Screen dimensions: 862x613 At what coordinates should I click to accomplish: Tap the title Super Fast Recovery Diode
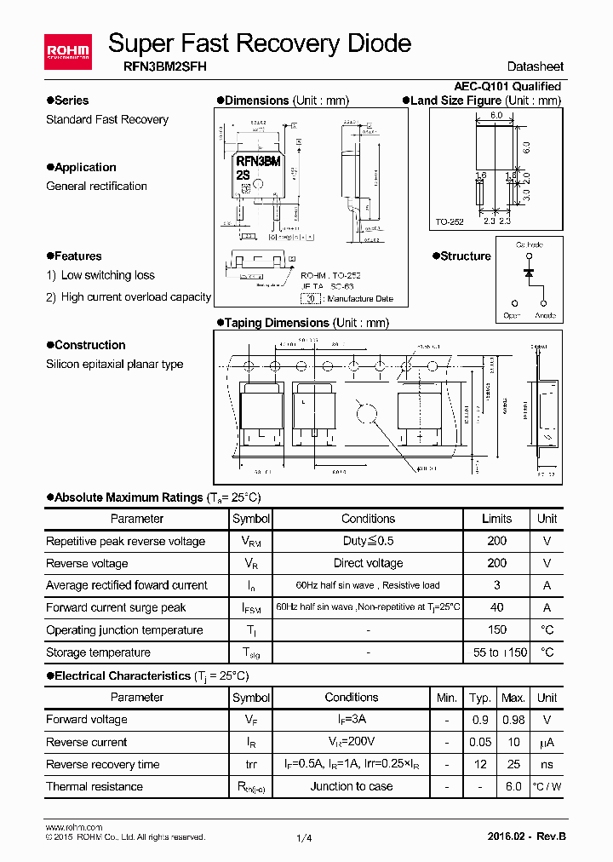click(260, 43)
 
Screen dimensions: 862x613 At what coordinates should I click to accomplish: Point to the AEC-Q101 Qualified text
click(507, 86)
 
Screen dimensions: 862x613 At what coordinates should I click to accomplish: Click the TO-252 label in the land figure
click(450, 221)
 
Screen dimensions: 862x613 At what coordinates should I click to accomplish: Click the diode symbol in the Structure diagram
click(529, 273)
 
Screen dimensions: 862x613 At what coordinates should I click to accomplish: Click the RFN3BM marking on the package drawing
click(258, 161)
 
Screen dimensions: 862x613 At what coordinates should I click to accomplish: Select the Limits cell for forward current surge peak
click(496, 607)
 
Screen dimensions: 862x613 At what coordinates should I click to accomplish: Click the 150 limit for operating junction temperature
click(496, 630)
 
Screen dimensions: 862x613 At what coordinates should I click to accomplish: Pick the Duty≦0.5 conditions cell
click(368, 541)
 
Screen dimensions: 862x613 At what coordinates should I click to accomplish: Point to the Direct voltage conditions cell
click(368, 563)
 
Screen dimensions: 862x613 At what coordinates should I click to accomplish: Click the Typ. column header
click(480, 698)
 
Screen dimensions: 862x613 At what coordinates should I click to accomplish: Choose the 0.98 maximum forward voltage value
click(513, 720)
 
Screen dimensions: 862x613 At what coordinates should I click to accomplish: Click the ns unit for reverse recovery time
click(547, 764)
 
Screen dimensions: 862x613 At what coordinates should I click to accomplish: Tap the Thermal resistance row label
click(95, 786)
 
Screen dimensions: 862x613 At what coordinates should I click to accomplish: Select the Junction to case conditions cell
click(351, 786)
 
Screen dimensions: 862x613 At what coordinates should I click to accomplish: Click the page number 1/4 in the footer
click(304, 838)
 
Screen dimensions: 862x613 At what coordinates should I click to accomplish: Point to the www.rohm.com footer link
click(74, 827)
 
